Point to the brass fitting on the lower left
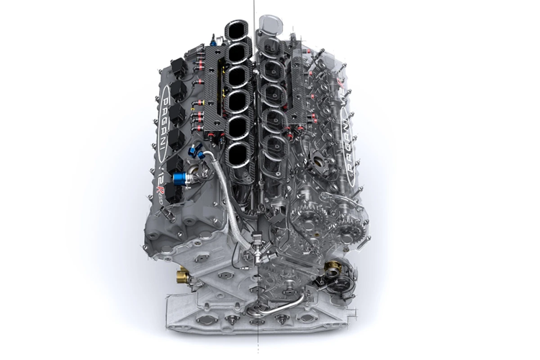183,275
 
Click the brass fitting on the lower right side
332,269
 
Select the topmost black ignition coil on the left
178,68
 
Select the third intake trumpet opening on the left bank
237,75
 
